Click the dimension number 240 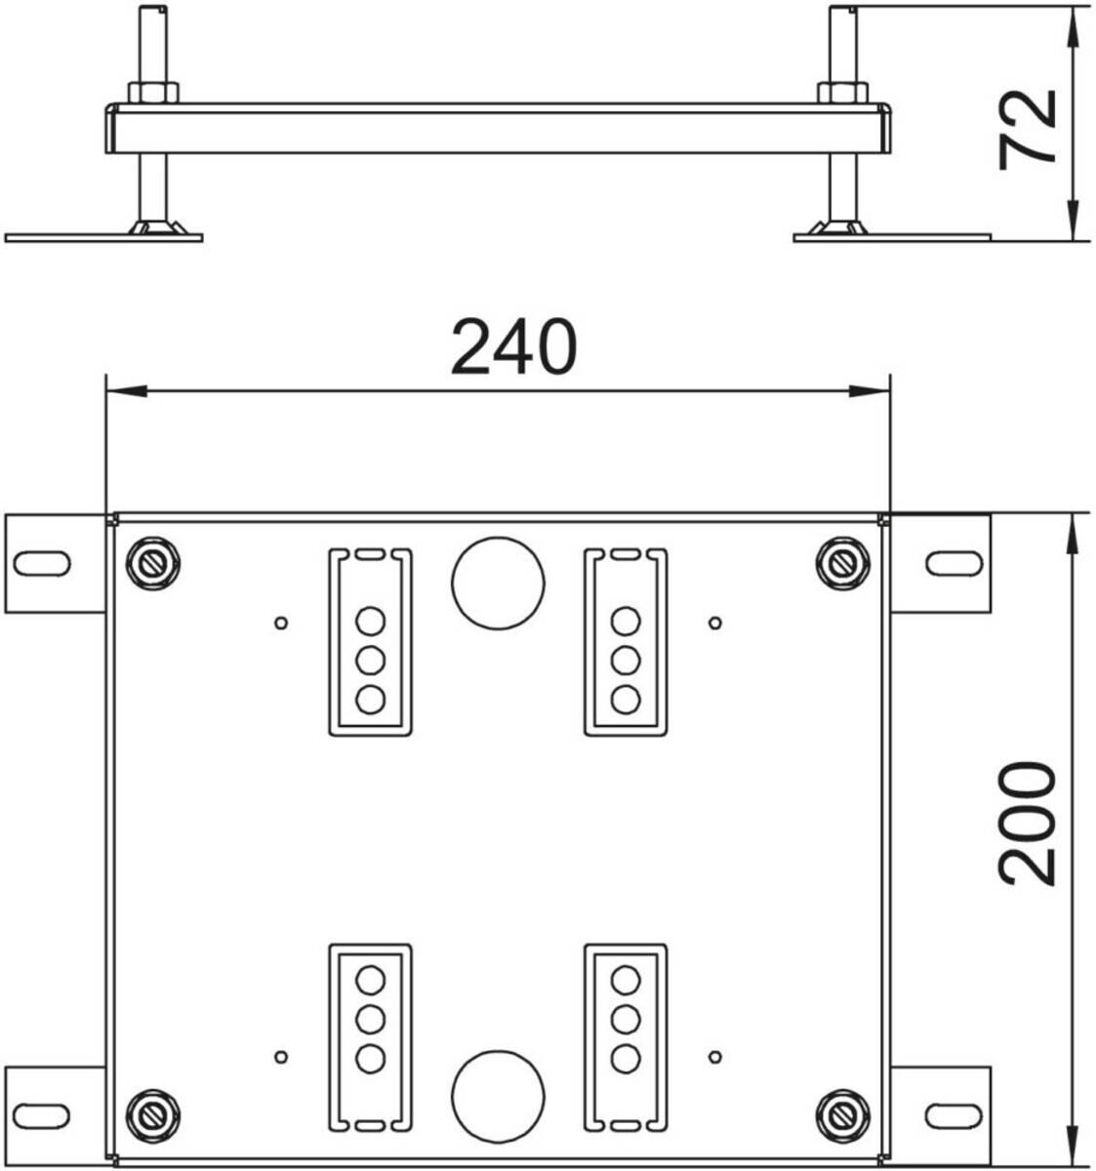point(513,346)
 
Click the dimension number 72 point(1027,129)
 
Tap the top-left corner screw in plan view point(153,563)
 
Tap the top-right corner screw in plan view point(843,563)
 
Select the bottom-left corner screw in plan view point(153,1115)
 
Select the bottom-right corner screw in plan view point(843,1115)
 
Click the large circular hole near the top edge point(498,583)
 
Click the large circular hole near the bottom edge point(498,1096)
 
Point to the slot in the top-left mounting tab point(42,563)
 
